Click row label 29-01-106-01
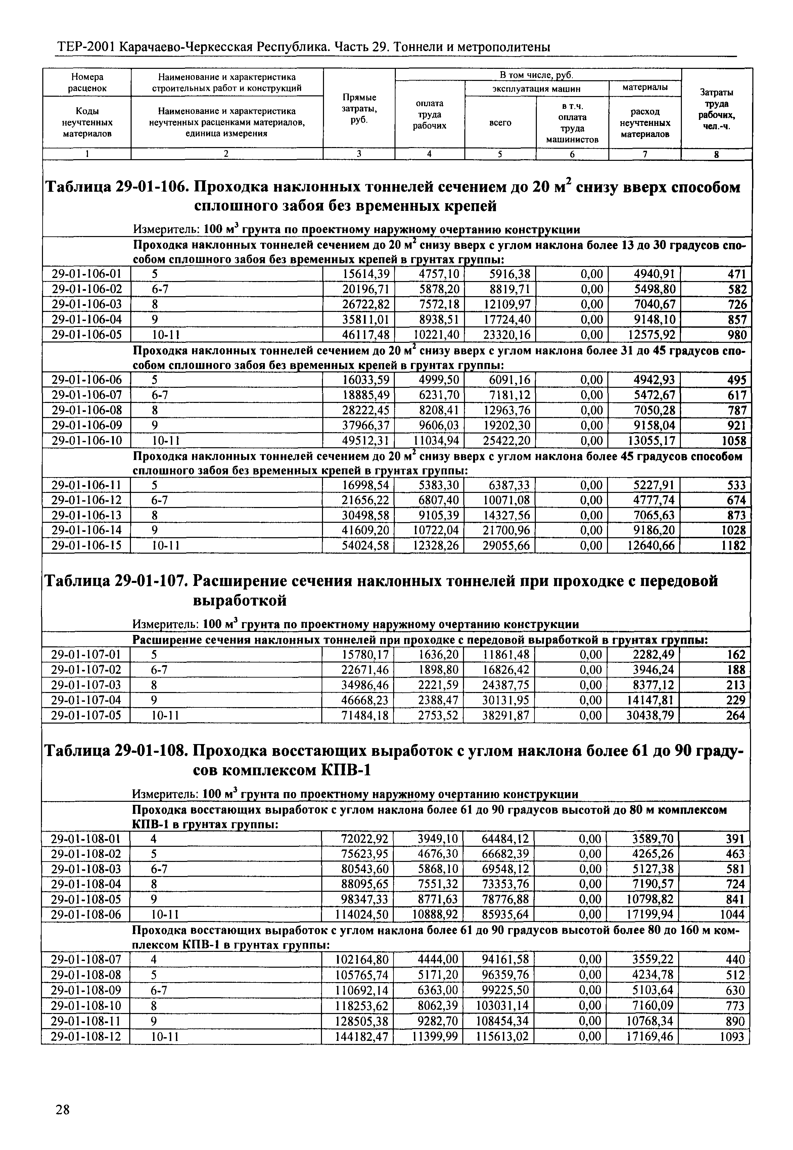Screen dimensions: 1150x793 (87, 274)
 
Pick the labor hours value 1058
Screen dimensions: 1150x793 (732, 441)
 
